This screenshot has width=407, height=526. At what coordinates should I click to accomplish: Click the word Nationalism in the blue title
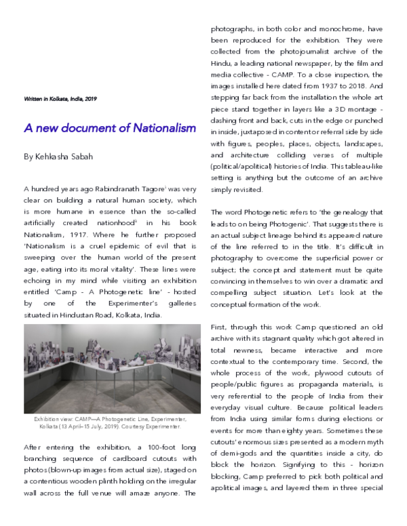[x=160, y=127]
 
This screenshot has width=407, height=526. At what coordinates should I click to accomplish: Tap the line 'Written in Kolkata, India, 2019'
[x=60, y=99]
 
